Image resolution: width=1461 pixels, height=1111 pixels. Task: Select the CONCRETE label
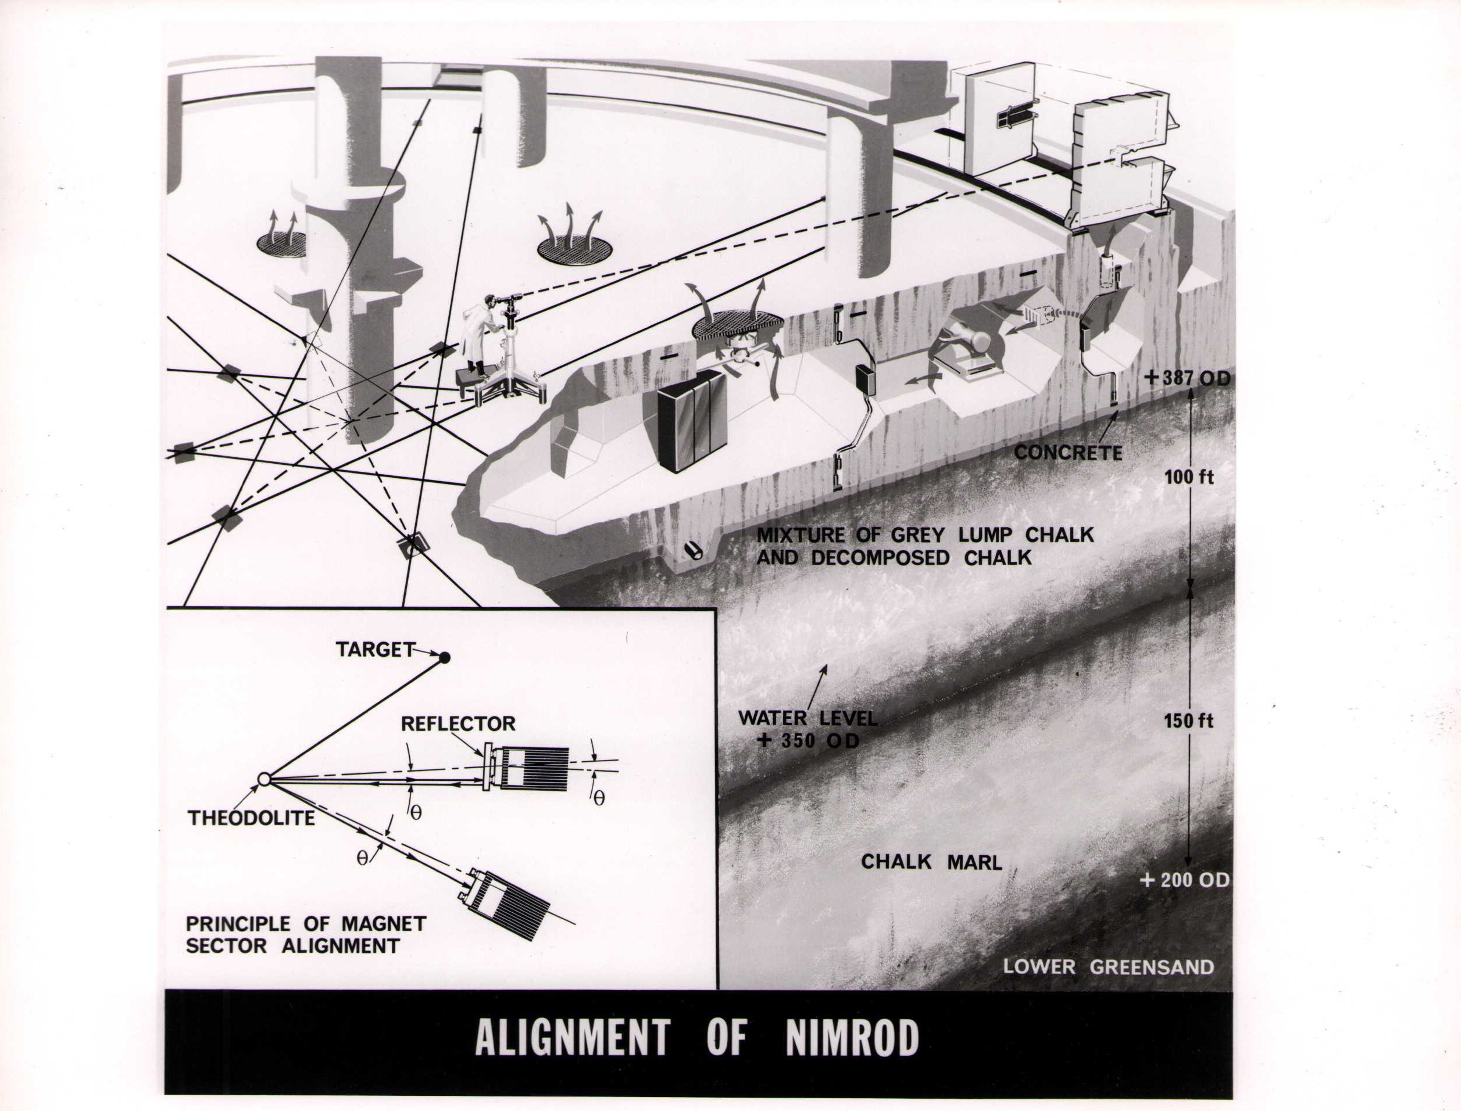pos(1068,453)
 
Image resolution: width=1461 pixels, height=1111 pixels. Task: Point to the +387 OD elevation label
pos(1187,378)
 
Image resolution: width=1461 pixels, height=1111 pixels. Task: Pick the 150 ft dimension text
pos(1188,721)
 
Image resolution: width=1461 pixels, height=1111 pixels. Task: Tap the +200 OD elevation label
pos(1185,880)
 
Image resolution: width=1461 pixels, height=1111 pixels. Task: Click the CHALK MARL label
pos(931,862)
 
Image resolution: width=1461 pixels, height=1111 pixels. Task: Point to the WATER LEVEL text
pos(808,718)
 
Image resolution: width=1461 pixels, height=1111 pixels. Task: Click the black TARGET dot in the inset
pos(445,657)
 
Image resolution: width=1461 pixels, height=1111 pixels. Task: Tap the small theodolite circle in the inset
pos(264,780)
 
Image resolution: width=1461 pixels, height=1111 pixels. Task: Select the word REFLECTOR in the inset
pos(458,723)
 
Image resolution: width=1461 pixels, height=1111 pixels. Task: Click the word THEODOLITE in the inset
pos(251,818)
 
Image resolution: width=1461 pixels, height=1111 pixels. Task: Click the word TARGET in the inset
pos(374,650)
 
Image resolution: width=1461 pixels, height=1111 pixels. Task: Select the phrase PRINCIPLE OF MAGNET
pos(306,923)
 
